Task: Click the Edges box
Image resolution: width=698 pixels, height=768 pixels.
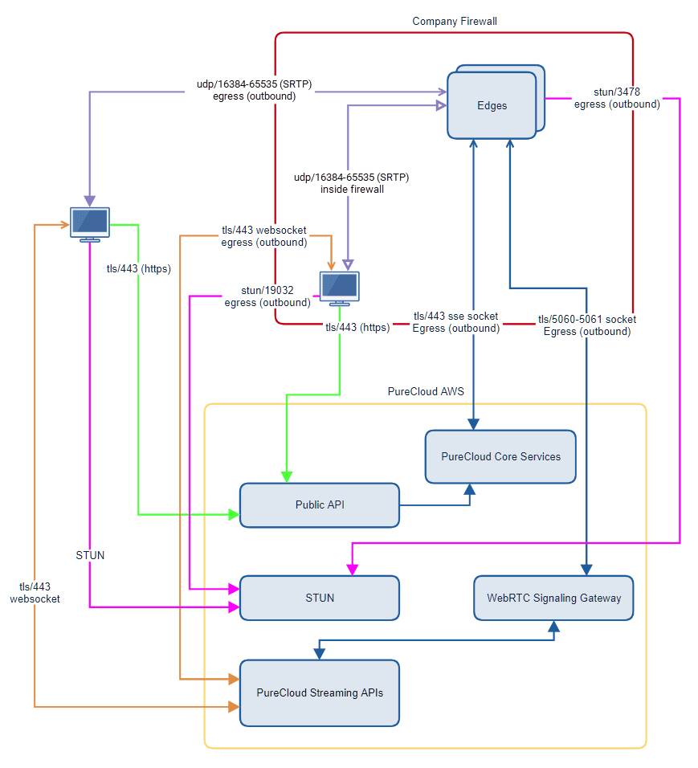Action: pyautogui.click(x=492, y=104)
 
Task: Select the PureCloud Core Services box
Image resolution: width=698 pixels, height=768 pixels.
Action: pyautogui.click(x=500, y=456)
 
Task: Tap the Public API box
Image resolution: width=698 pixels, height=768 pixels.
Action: pyautogui.click(x=320, y=505)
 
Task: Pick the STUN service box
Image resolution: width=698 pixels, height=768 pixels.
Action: pyautogui.click(x=320, y=598)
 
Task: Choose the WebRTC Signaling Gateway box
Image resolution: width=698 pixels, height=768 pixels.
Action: pyautogui.click(x=553, y=598)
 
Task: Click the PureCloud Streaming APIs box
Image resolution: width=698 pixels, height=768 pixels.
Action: pyautogui.click(x=320, y=692)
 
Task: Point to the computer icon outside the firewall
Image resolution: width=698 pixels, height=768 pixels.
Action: pyautogui.click(x=89, y=223)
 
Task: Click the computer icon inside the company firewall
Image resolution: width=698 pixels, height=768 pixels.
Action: pyautogui.click(x=340, y=288)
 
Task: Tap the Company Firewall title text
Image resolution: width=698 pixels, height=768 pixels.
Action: pyautogui.click(x=455, y=21)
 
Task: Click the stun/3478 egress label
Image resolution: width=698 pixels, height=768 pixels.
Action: pyautogui.click(x=617, y=98)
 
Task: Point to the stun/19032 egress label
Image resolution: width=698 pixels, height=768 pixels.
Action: pyautogui.click(x=267, y=296)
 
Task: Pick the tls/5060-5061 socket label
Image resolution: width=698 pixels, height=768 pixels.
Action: pyautogui.click(x=586, y=325)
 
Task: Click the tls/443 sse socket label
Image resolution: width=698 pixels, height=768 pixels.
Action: pyautogui.click(x=455, y=322)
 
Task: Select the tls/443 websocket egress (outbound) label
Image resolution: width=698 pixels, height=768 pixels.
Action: pyautogui.click(x=263, y=236)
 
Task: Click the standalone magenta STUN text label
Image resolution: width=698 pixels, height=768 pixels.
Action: pyautogui.click(x=90, y=555)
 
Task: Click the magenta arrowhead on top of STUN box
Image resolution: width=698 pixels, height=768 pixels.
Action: pyautogui.click(x=351, y=570)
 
